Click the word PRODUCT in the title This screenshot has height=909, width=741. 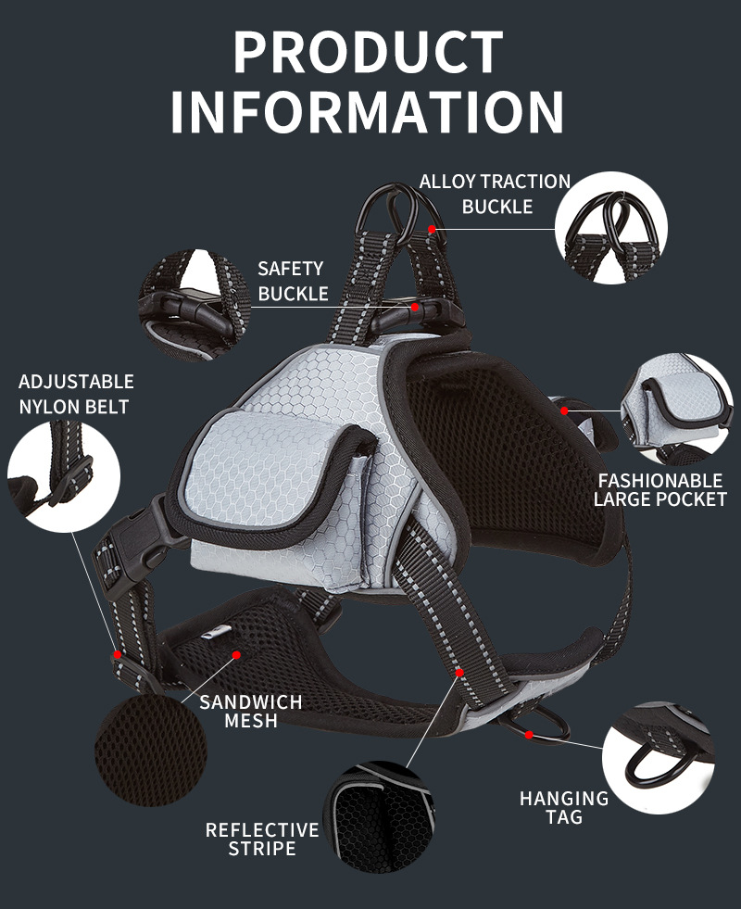pos(368,52)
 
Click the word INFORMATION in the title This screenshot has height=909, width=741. pos(368,111)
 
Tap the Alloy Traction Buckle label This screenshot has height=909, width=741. pos(496,194)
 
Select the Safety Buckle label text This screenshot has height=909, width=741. pos(293,281)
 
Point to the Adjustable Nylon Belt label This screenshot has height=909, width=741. pos(76,394)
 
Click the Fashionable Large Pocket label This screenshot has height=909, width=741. pos(659,490)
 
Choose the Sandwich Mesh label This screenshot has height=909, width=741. pos(251,712)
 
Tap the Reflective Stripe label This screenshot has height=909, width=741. pos(262,839)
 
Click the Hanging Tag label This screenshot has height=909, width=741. pos(564,808)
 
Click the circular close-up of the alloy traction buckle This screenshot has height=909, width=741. pos(611,228)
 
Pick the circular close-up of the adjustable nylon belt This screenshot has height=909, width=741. pos(64,476)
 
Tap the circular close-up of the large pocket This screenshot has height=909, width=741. pos(677,410)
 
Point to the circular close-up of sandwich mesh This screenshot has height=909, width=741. pos(151,751)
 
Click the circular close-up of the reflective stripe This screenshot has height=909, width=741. pos(380,817)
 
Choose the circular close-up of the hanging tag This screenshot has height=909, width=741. pos(659,758)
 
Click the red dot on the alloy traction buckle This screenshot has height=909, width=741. pos(432,230)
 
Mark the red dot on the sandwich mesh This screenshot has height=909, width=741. pos(236,655)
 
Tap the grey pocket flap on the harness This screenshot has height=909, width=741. pos(272,470)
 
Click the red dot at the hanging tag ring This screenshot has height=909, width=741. pos(529,735)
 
